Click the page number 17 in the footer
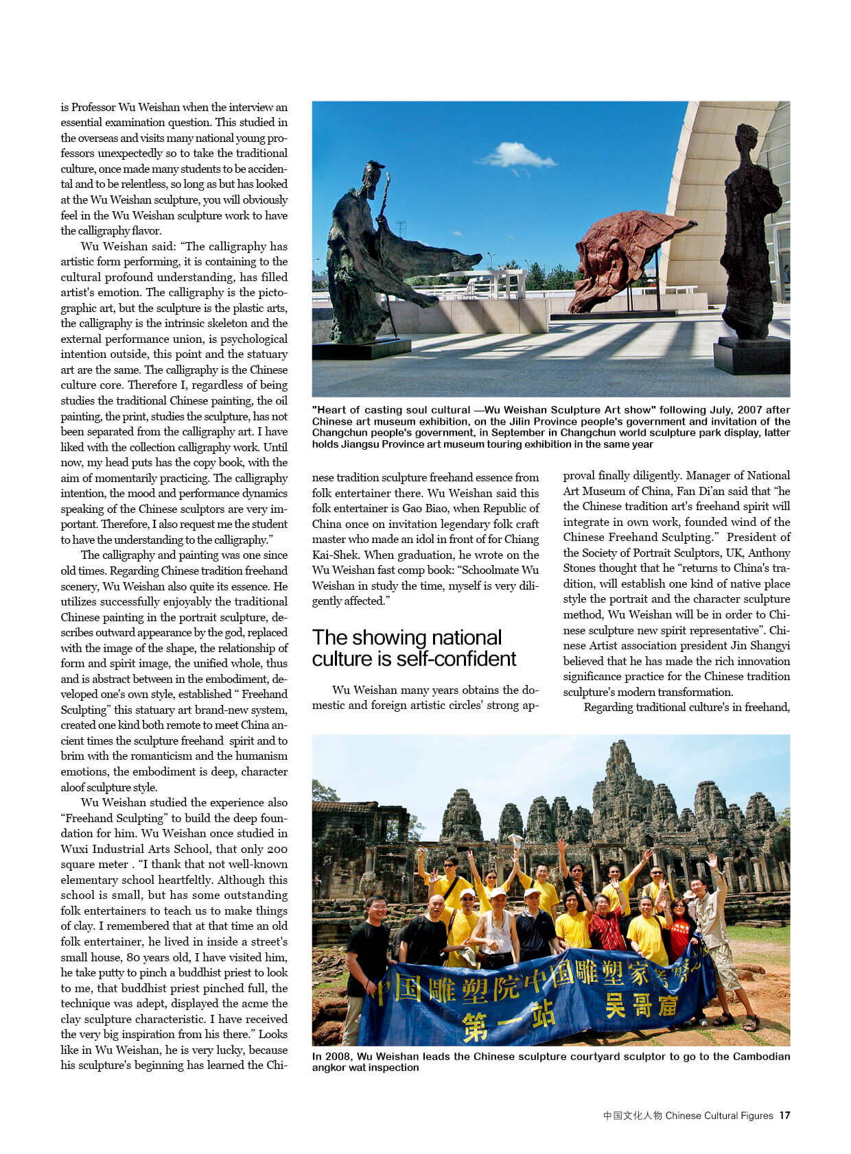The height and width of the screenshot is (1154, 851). [x=784, y=1116]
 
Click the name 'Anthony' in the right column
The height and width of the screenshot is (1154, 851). [x=769, y=553]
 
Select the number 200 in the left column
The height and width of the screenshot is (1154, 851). [x=277, y=849]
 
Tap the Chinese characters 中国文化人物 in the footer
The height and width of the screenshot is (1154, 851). [x=632, y=1116]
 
